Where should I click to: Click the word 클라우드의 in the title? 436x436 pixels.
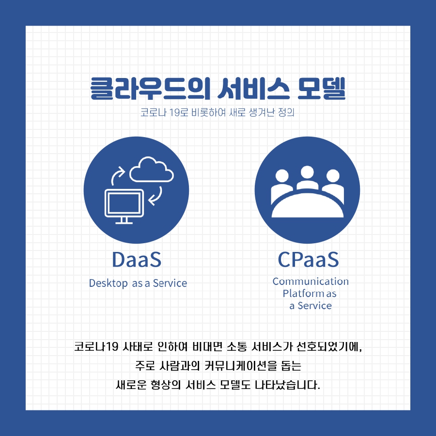click(x=150, y=89)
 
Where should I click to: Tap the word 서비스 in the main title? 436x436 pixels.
click(x=253, y=89)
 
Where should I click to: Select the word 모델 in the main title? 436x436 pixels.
click(x=322, y=89)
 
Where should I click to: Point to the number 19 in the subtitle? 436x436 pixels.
click(x=174, y=112)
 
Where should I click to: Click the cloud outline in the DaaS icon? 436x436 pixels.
click(x=152, y=180)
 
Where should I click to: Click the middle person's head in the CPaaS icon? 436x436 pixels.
click(x=307, y=172)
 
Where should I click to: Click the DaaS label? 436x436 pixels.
click(x=137, y=260)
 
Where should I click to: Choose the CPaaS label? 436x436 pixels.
click(x=309, y=260)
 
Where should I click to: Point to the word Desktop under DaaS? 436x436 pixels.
click(x=109, y=283)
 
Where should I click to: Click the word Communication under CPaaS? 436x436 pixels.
click(x=311, y=281)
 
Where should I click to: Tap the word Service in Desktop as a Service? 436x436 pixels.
click(x=170, y=283)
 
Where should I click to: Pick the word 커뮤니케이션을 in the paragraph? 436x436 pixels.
click(x=241, y=366)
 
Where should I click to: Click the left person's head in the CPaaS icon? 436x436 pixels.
click(x=282, y=176)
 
